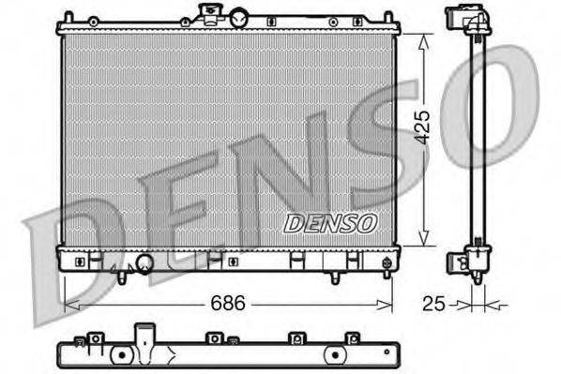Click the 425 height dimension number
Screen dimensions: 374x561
click(x=424, y=127)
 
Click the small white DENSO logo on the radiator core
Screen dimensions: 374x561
click(x=329, y=223)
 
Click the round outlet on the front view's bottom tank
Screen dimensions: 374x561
click(x=144, y=263)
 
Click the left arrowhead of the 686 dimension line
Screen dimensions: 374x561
click(x=68, y=305)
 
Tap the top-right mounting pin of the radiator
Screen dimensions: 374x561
click(x=387, y=14)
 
